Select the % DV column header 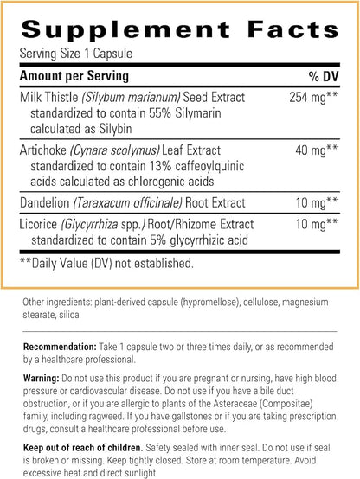[x=323, y=76]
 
